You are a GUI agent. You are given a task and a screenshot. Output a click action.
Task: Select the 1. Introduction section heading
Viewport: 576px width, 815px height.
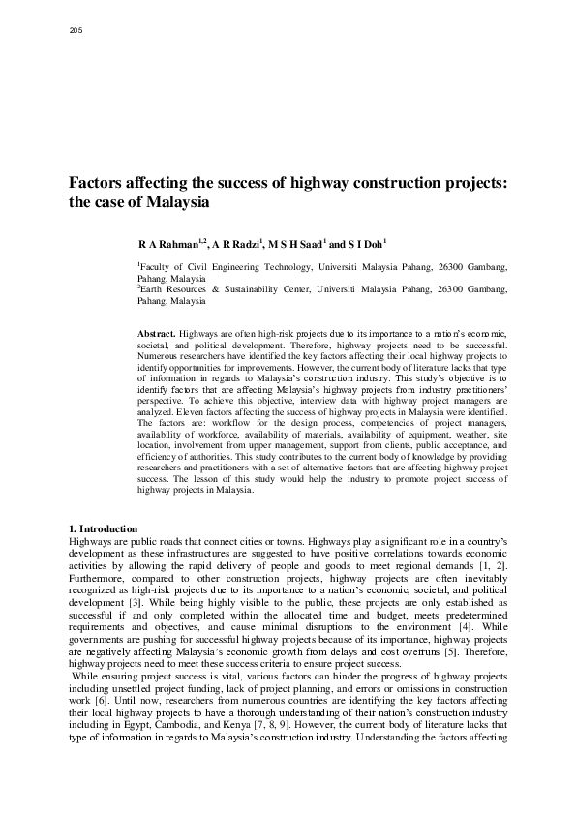coord(104,528)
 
